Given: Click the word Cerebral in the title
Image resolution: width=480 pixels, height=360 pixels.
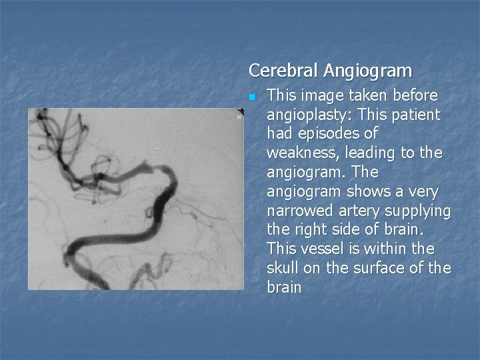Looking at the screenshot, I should coord(283,70).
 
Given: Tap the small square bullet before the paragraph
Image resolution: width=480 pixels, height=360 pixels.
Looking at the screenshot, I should coord(252,97).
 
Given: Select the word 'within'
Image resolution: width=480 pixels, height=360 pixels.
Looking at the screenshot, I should coord(386,249).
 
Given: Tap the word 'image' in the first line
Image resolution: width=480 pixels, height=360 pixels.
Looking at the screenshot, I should coord(319,95).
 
